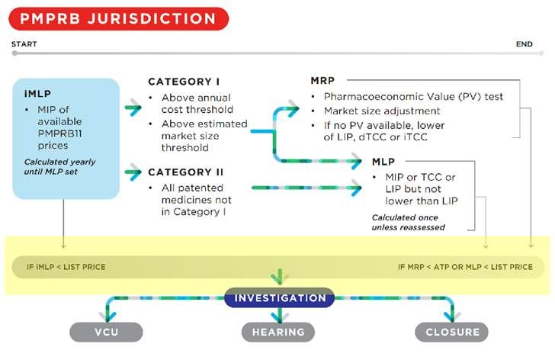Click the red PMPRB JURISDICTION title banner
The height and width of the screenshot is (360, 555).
pyautogui.click(x=119, y=18)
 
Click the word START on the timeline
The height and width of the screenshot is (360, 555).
pyautogui.click(x=24, y=44)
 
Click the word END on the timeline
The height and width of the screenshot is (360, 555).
pyautogui.click(x=524, y=44)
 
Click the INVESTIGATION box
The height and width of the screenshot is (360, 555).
pyautogui.click(x=279, y=298)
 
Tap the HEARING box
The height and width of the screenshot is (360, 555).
pyautogui.click(x=278, y=332)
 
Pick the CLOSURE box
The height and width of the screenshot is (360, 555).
pyautogui.click(x=451, y=332)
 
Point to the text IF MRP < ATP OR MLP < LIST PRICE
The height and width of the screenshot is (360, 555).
pyautogui.click(x=465, y=267)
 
